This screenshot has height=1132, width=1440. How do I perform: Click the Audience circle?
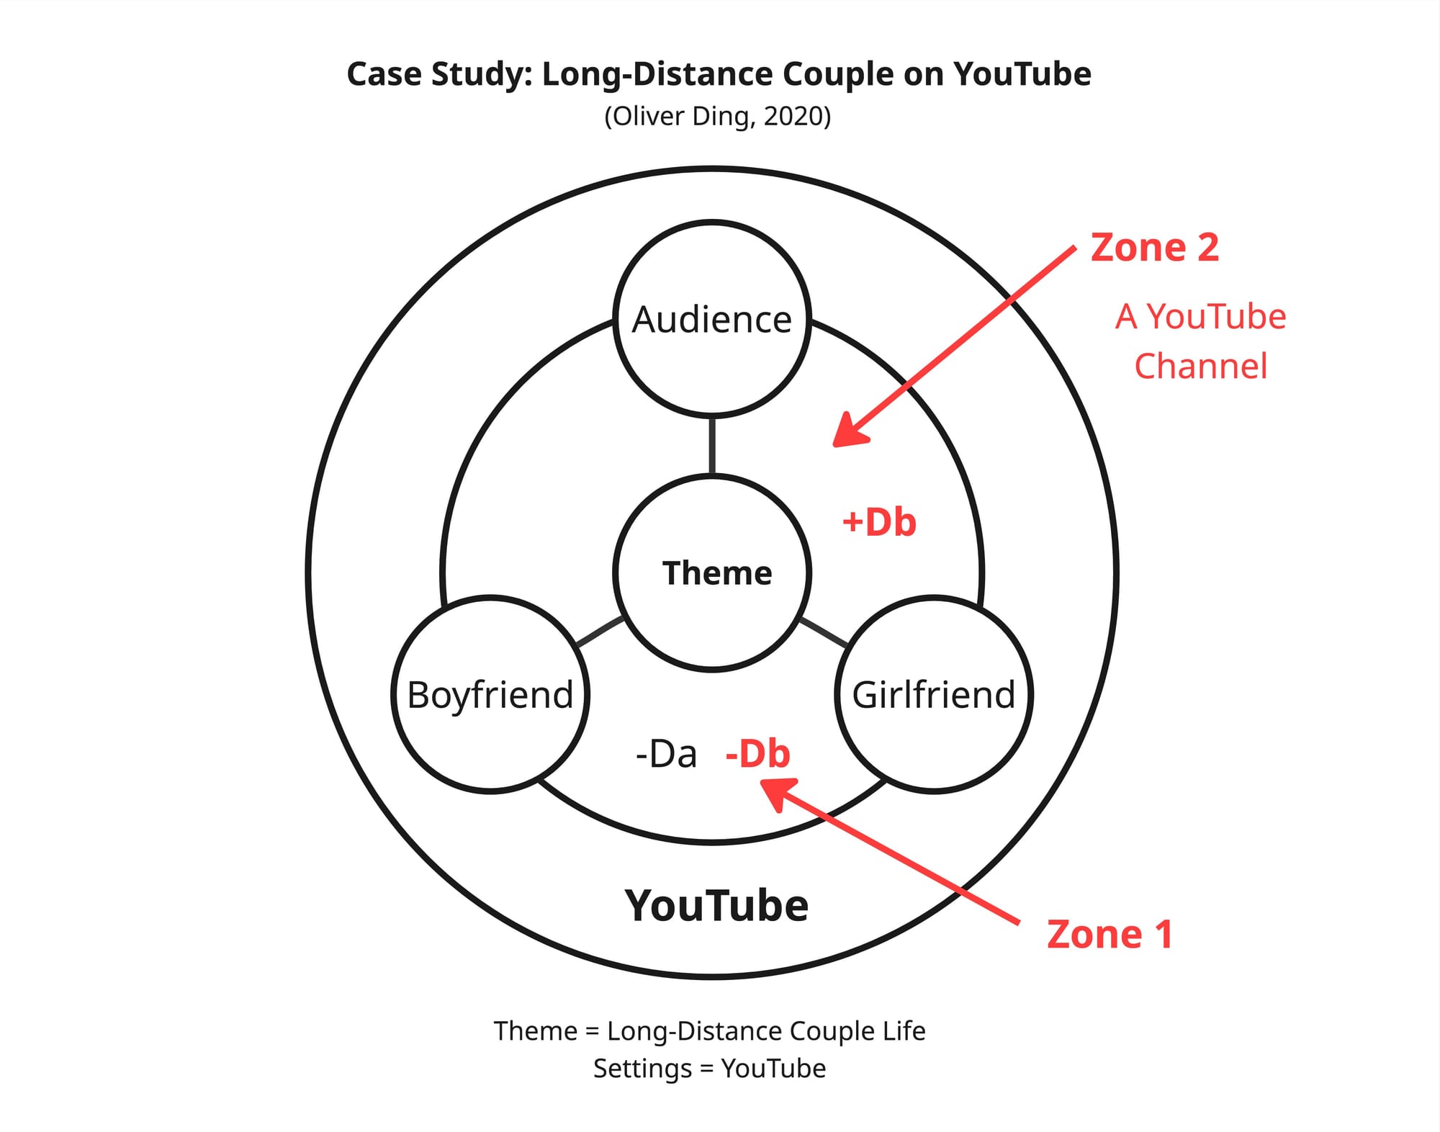pos(711,319)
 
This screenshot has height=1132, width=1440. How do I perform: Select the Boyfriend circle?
pos(490,695)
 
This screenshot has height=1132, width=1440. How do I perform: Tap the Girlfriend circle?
pos(934,695)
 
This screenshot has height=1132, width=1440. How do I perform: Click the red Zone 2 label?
pos(1154,248)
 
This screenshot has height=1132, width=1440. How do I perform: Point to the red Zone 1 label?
pos(1110,934)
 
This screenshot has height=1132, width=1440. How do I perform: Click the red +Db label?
pos(879,522)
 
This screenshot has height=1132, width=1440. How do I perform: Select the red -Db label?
pos(757,754)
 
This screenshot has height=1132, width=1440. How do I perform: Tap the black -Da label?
pos(666,755)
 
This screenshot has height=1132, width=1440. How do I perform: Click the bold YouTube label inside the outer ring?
pos(716,905)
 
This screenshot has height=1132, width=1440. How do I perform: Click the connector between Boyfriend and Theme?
pos(600,632)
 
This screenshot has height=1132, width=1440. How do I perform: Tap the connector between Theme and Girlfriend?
pos(824,632)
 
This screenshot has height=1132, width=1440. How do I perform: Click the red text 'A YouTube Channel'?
pos(1200,341)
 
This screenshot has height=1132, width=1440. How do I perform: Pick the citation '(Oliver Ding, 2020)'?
pos(718,116)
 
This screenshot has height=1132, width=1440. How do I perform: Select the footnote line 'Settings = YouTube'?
pos(709,1069)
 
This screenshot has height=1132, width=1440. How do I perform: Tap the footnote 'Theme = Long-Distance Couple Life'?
pos(709,1031)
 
